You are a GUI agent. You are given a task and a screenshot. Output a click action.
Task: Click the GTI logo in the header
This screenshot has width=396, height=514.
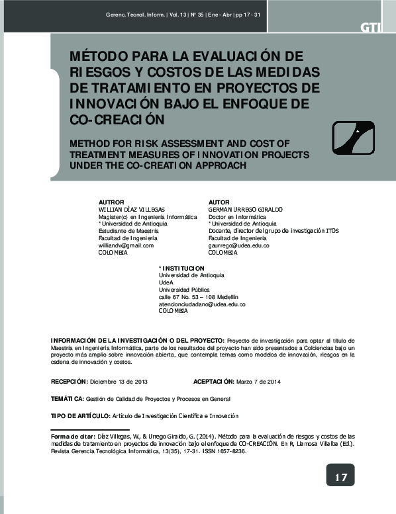pos(370,27)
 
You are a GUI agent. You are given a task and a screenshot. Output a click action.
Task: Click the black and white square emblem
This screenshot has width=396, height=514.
pos(356,138)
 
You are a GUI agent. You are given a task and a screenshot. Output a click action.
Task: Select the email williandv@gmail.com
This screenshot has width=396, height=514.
pos(126,245)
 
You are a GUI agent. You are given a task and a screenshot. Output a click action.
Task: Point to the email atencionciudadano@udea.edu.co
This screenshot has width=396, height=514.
pos(202,304)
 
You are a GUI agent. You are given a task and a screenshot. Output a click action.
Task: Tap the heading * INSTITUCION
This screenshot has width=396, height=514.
pos(182,267)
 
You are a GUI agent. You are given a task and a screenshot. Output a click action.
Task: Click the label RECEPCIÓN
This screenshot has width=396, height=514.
pos(69,382)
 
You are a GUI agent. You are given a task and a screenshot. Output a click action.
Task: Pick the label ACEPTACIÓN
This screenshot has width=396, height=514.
pos(214,382)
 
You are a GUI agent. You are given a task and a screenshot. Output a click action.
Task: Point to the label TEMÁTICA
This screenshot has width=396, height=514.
pos(67,399)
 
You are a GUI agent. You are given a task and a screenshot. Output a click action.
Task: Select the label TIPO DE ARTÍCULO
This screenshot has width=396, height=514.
pos(80,415)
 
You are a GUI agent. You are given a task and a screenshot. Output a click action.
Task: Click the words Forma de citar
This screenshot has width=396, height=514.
pos(73,437)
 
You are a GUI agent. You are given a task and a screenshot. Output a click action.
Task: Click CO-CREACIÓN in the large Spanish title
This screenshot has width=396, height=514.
pos(116,120)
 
